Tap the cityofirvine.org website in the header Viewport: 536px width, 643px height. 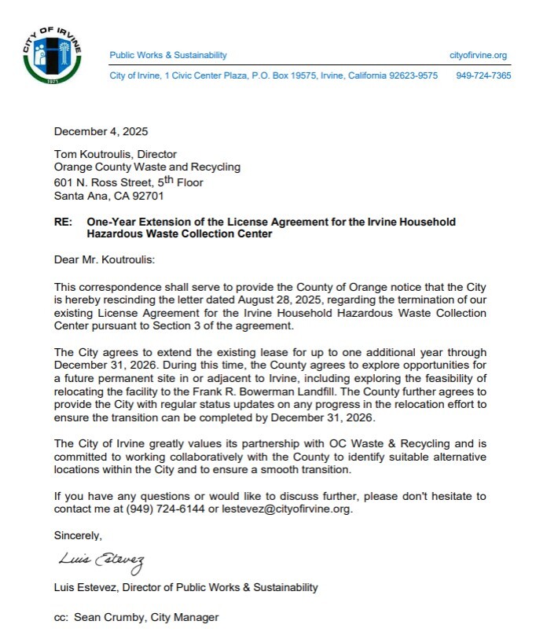[x=478, y=55]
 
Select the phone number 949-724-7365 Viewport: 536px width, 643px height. [x=483, y=75]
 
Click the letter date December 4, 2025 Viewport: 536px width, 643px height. [x=101, y=131]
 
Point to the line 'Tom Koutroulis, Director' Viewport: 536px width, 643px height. [x=115, y=155]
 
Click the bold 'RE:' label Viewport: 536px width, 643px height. [x=64, y=222]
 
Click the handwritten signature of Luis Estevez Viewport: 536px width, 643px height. [x=101, y=560]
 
